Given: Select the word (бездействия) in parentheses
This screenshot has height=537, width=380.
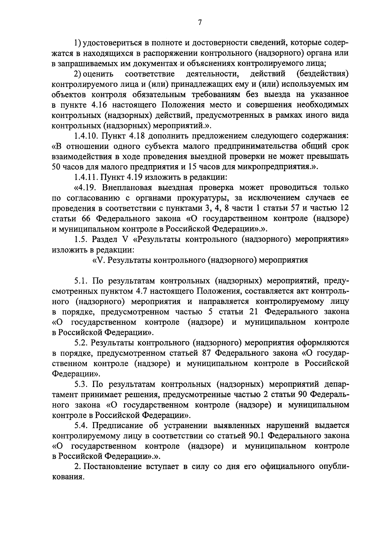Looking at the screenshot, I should [x=323, y=74].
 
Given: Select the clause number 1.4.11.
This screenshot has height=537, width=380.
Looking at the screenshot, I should [x=85, y=177].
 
